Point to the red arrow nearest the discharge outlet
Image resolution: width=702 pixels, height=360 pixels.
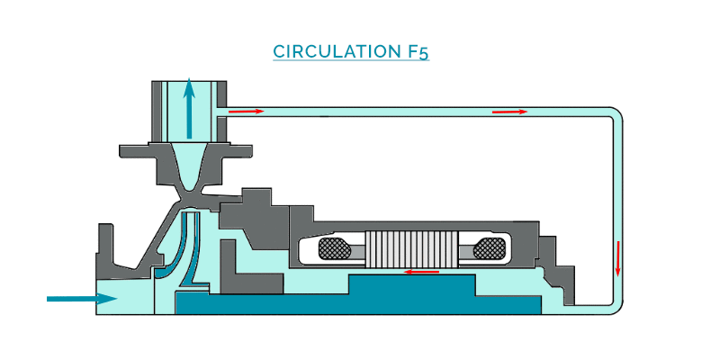pos(245,111)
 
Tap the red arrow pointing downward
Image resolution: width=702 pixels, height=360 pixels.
pos(618,257)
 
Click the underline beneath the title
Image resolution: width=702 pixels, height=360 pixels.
pos(351,61)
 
